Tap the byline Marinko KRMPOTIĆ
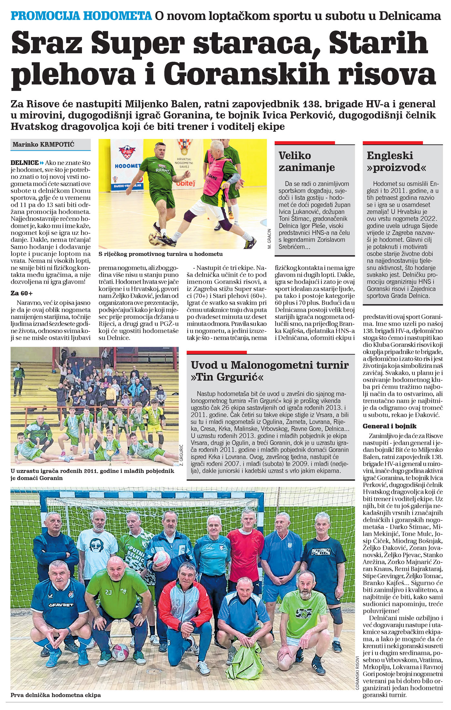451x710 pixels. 43,144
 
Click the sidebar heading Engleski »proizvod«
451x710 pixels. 396,161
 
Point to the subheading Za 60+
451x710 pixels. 22,293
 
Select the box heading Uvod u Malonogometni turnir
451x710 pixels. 270,365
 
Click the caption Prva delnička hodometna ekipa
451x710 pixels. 56,695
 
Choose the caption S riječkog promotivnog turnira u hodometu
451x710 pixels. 160,254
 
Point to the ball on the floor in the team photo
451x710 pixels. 120,650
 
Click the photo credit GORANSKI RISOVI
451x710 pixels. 357,673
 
